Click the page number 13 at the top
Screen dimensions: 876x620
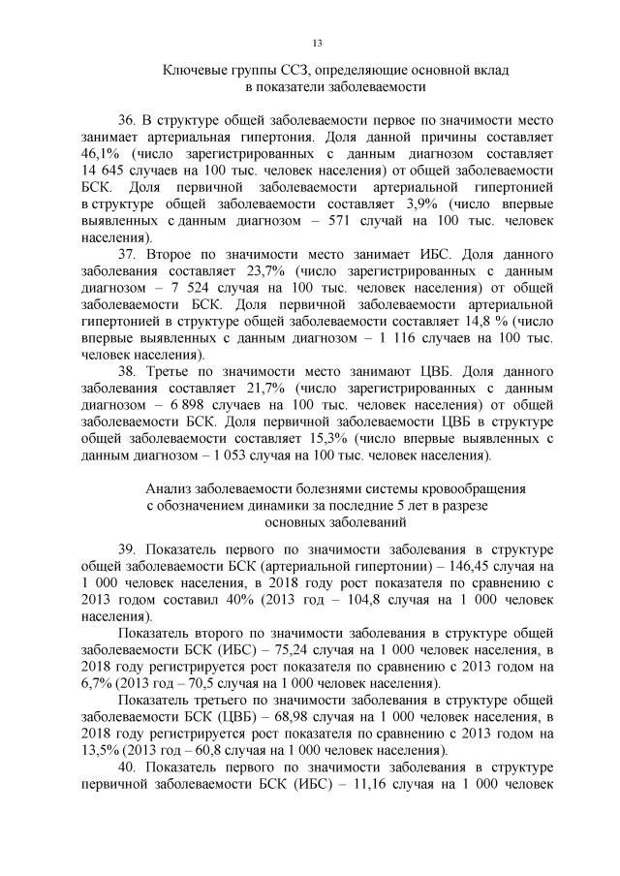[x=317, y=43]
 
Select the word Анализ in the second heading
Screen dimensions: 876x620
[x=169, y=489]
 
